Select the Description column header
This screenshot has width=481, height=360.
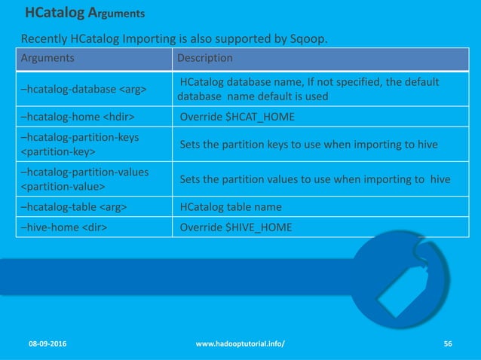(x=204, y=58)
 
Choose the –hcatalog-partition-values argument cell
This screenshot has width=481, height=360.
(x=84, y=178)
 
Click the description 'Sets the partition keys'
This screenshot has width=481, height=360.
(x=309, y=144)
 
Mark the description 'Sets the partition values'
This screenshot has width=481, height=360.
(x=314, y=178)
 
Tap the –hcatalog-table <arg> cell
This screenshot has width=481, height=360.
(x=73, y=206)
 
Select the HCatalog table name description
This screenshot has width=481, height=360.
(x=231, y=206)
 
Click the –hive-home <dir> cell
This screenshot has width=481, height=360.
(x=63, y=227)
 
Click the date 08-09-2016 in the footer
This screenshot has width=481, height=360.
(x=47, y=344)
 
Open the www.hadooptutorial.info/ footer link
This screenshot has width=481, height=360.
(x=240, y=344)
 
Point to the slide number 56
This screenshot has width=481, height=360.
(x=448, y=344)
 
